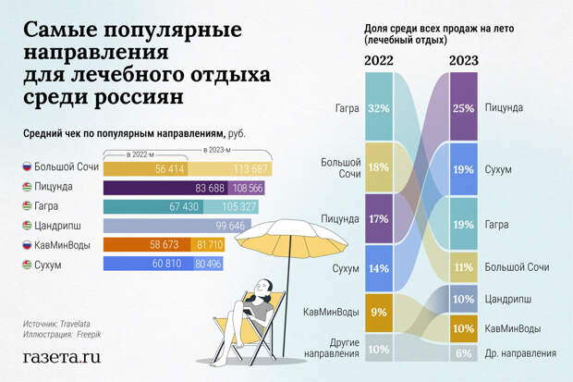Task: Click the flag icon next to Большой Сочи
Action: tap(28, 168)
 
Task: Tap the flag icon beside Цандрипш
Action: tap(28, 226)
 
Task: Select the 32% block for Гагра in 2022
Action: tap(378, 107)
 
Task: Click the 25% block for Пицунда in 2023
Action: tap(463, 108)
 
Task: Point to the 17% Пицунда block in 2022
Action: tap(378, 220)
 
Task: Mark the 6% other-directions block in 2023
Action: tap(463, 352)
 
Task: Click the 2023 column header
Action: tap(463, 61)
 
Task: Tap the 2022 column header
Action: tap(379, 61)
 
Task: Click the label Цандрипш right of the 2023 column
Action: tap(511, 298)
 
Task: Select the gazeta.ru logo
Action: tap(61, 356)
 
